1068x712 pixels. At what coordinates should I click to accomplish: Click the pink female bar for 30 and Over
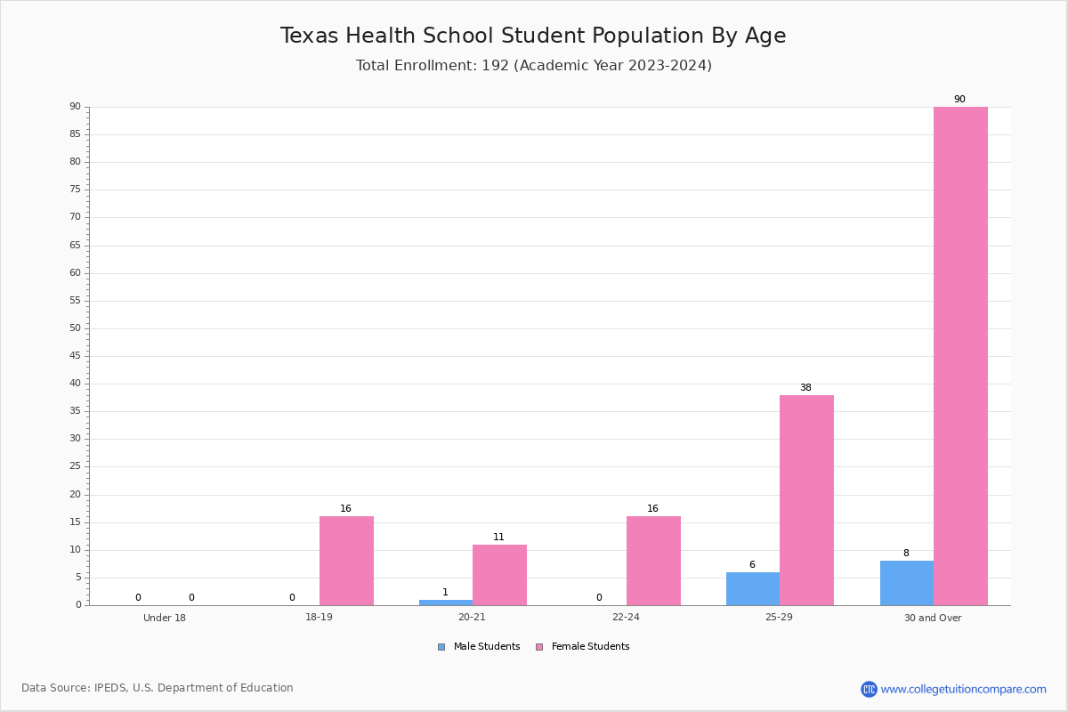(960, 356)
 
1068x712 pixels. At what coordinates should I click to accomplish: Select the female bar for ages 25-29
(806, 500)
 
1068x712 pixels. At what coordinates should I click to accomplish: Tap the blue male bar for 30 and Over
(907, 583)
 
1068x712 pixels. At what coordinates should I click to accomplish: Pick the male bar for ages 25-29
(753, 588)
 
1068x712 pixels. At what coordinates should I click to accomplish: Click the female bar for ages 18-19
(346, 561)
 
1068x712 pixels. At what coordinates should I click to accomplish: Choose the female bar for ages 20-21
(499, 575)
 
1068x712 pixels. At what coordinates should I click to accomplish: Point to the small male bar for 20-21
(446, 603)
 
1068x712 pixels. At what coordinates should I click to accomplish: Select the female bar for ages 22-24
(653, 561)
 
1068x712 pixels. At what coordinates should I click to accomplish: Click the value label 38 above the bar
(805, 387)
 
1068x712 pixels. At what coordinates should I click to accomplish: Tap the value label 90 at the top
(959, 99)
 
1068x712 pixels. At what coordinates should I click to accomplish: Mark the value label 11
(498, 537)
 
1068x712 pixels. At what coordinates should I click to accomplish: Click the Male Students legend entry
(479, 646)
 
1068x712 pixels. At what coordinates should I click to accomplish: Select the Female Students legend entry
(583, 646)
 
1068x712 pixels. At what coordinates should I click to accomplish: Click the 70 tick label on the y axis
(76, 216)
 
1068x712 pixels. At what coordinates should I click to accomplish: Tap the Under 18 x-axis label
(165, 618)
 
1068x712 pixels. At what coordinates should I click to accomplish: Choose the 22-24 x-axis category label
(626, 617)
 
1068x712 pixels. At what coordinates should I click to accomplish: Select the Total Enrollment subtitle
(534, 65)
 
